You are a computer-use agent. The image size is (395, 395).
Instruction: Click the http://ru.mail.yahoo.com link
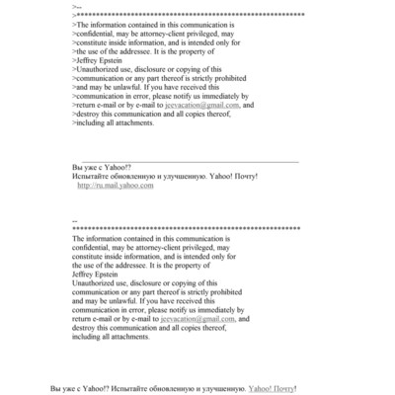point(116,185)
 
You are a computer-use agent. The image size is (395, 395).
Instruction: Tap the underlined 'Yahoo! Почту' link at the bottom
point(271,389)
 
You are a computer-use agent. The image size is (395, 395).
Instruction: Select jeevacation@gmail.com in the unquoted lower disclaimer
point(202,319)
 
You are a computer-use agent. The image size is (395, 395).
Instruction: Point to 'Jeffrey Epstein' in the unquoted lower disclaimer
point(96,275)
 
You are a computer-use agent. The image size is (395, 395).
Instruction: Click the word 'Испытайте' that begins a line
point(91,176)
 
